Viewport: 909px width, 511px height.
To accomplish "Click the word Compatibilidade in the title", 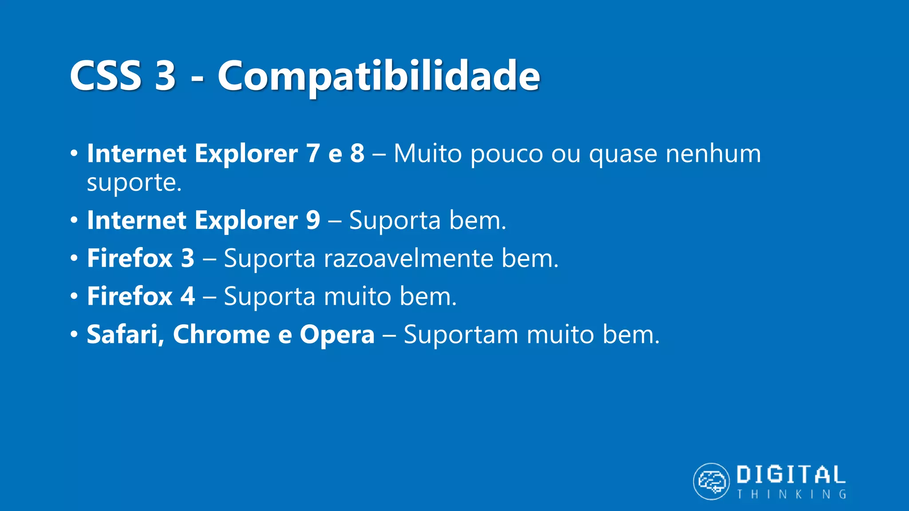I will point(378,76).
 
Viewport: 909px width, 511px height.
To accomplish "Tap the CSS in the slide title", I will point(106,76).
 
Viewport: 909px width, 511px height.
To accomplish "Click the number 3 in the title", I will point(165,76).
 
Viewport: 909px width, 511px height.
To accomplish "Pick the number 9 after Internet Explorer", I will point(313,220).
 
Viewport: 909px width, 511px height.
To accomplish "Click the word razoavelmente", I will point(408,259).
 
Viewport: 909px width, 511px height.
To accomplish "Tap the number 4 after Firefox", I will point(187,296).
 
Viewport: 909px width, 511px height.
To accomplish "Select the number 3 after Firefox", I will point(187,258).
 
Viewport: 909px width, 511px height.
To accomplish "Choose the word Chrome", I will point(221,334).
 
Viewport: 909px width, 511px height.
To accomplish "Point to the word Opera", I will point(337,335).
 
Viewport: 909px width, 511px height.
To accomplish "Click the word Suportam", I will point(461,335).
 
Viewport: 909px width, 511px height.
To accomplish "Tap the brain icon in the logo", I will point(711,481).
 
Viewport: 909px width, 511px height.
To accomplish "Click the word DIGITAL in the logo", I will point(791,475).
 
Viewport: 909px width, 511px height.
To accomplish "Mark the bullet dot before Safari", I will point(74,334).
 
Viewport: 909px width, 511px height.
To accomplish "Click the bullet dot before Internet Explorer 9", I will point(74,220).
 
